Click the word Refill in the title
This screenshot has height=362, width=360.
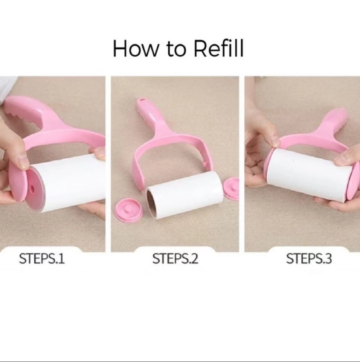(x=219, y=49)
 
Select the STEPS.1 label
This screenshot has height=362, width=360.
(x=42, y=259)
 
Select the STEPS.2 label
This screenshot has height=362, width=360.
(x=175, y=259)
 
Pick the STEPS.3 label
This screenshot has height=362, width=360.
(x=309, y=259)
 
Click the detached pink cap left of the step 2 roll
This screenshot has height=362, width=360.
(x=129, y=210)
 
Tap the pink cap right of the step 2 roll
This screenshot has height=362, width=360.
(x=232, y=189)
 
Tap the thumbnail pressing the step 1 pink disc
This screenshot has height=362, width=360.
(x=24, y=162)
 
